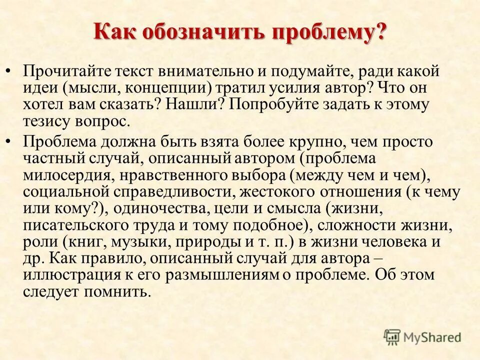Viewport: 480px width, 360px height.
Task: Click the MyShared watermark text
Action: [x=432, y=337]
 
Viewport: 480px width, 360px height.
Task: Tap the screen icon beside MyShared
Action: [x=392, y=337]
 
